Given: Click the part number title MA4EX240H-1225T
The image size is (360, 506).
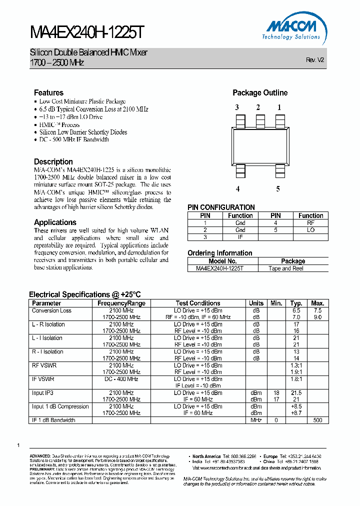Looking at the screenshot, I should click(x=87, y=33).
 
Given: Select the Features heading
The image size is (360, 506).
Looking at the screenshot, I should click(x=48, y=92).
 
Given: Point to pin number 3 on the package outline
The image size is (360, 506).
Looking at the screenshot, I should click(x=237, y=107).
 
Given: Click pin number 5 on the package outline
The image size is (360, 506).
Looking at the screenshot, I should click(x=278, y=188).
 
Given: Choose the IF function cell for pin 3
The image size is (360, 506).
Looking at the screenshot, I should click(x=240, y=237).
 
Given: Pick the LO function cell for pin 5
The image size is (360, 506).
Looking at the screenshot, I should click(x=310, y=230).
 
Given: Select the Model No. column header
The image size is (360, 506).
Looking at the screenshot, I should click(x=222, y=261).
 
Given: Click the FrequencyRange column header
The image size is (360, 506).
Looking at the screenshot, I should click(x=121, y=303).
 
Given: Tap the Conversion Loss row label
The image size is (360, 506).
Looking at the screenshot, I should click(x=51, y=310).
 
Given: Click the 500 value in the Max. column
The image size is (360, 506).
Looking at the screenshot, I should click(x=317, y=420).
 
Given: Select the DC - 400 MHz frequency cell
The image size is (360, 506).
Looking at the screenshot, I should click(x=121, y=379).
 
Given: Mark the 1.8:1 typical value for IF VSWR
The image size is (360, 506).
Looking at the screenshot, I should click(x=296, y=379).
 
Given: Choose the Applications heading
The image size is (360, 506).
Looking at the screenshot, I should click(x=55, y=222).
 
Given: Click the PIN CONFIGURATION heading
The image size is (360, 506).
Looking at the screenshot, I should click(x=221, y=207).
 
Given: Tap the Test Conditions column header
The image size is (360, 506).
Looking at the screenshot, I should click(x=198, y=303).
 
